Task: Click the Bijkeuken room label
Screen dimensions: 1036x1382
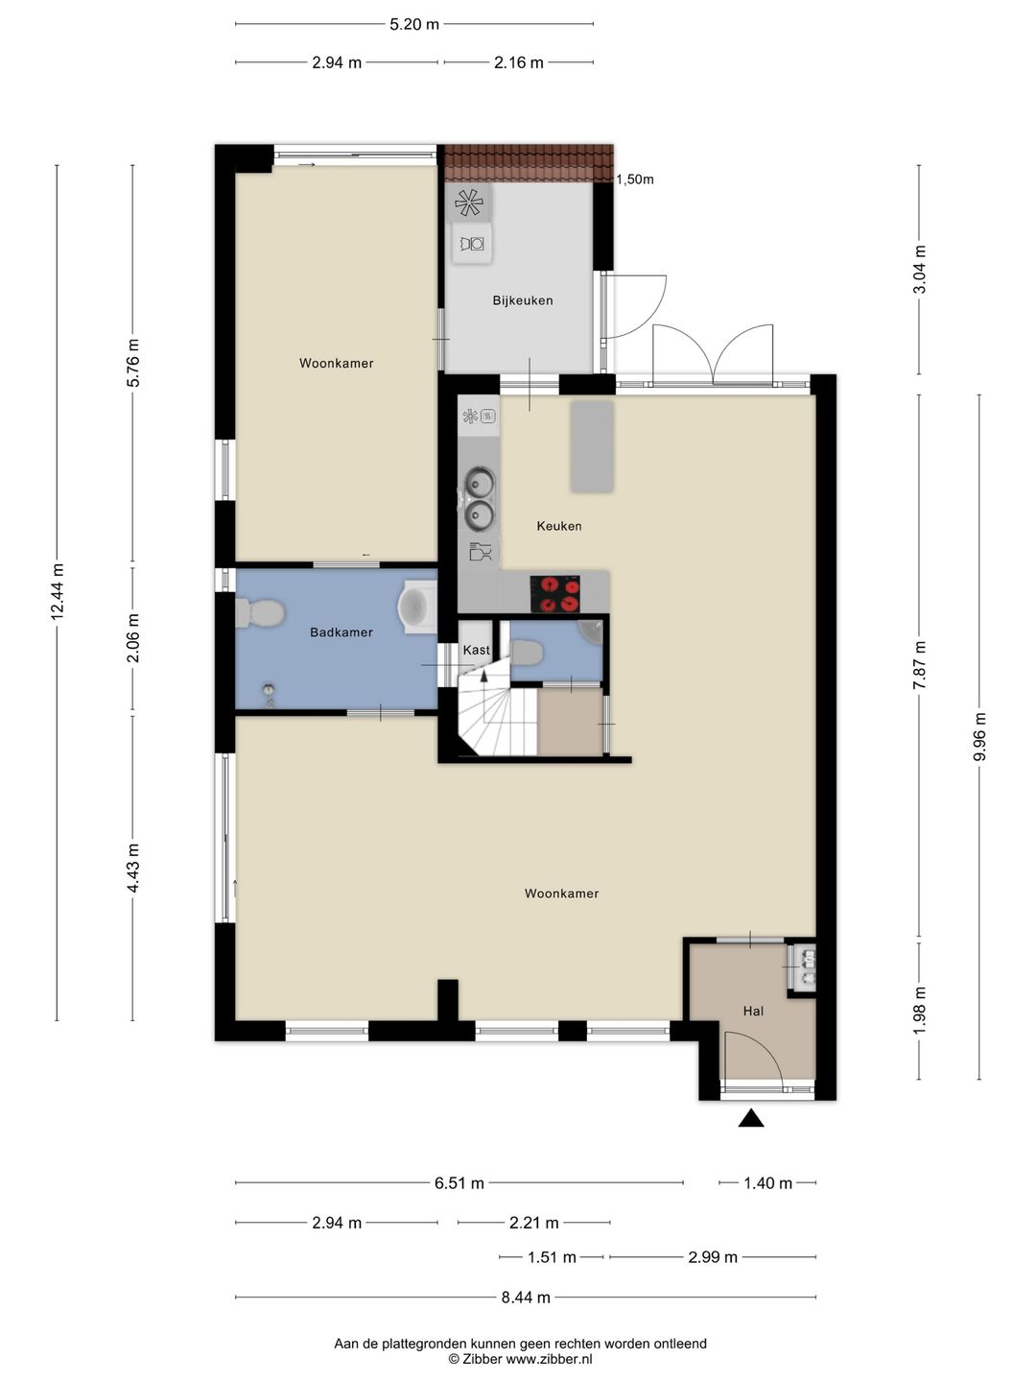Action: (522, 301)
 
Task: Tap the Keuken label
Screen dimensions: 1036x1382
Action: (558, 526)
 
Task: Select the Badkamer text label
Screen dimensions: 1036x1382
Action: (341, 632)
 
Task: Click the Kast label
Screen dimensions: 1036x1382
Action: (476, 650)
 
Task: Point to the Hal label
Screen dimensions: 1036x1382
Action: (753, 1012)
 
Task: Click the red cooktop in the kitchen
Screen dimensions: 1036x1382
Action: (554, 594)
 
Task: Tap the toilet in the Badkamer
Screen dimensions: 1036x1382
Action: (260, 612)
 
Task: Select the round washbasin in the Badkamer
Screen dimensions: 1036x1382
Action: (415, 607)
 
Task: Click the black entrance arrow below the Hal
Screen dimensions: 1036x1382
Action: (751, 1117)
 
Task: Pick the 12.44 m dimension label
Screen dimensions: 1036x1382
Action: (58, 592)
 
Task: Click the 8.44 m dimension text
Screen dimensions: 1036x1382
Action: (526, 1297)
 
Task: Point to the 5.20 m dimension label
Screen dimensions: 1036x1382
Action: (413, 25)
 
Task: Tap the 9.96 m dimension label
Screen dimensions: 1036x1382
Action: (979, 736)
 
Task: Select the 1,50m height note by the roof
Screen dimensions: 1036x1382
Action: (635, 179)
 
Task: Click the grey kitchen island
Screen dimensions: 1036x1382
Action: (591, 446)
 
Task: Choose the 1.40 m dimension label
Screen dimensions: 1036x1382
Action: (768, 1183)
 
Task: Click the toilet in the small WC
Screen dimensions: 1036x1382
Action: (527, 653)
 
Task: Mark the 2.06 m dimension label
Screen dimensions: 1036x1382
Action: (132, 638)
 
